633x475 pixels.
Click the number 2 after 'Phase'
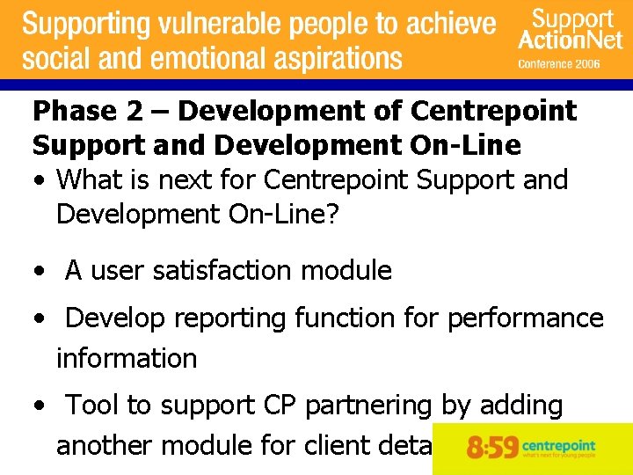[135, 112]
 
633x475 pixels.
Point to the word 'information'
[127, 359]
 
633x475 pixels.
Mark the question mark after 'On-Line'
[331, 215]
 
